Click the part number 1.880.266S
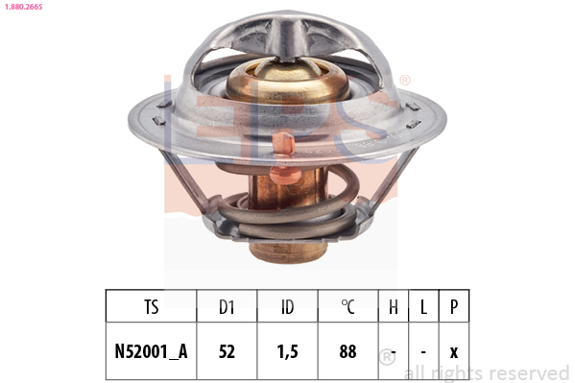[23, 7]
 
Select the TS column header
[151, 307]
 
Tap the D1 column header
[227, 307]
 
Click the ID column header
[288, 307]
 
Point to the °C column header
[347, 307]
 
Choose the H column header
[394, 307]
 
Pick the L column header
[423, 307]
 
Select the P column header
[454, 307]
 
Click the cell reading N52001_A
[151, 351]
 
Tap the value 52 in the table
[227, 351]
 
